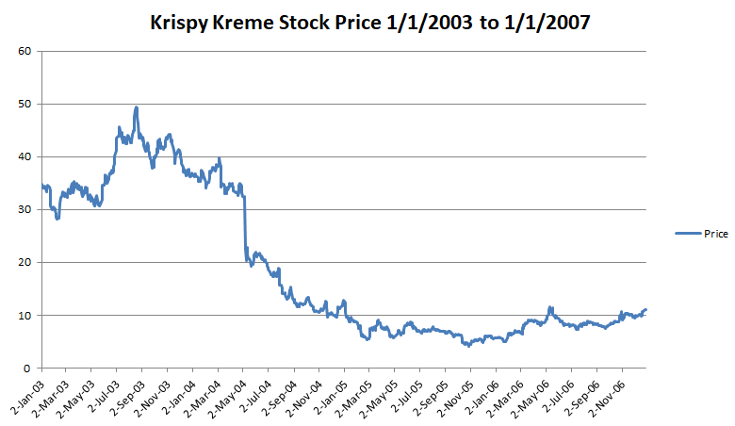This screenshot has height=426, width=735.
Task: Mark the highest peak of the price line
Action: [x=137, y=107]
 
